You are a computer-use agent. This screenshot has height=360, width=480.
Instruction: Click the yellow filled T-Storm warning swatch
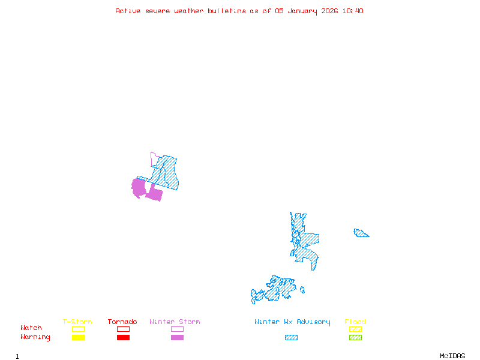point(78,338)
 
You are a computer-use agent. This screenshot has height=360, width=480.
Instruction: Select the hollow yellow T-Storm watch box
point(78,329)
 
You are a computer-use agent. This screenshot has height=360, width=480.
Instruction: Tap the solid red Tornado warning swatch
point(123,338)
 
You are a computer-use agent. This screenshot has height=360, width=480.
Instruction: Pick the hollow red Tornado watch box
point(123,329)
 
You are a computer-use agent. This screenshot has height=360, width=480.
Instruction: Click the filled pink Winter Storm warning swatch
point(177,338)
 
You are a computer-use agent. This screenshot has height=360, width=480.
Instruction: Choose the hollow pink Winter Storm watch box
point(177,329)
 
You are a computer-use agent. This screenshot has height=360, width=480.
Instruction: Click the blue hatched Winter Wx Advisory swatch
point(291,338)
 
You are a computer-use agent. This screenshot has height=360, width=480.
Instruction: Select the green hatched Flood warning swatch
point(355,338)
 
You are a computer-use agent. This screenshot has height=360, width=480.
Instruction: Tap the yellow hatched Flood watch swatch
point(355,329)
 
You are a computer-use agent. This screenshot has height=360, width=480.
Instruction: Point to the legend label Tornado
point(122,322)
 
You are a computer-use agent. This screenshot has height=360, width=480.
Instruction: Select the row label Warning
point(35,337)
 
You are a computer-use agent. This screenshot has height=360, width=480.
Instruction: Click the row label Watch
point(31,328)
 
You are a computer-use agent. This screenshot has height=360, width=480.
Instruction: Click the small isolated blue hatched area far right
point(361,233)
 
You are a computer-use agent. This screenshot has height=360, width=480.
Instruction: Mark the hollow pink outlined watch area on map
point(154,159)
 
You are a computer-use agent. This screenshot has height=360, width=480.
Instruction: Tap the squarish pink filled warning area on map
point(155,193)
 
